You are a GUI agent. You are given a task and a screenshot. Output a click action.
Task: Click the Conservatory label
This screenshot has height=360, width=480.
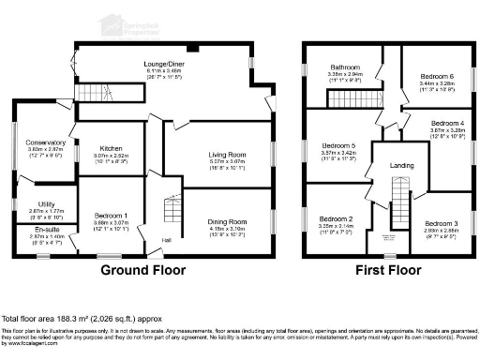point(46,142)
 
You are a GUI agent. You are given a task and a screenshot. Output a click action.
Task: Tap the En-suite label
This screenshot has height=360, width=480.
point(46,229)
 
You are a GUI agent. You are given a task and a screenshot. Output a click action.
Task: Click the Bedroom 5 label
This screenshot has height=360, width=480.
point(338,145)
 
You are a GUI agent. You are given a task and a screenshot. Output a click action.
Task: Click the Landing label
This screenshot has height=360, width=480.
point(401,165)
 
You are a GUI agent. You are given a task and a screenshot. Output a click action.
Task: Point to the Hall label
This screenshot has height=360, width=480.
point(166,241)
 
